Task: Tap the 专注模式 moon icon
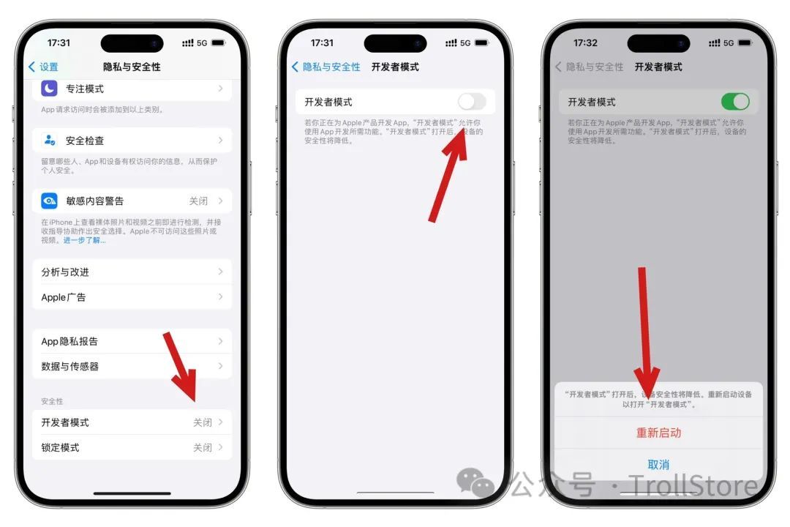49,89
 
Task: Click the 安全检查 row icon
49,140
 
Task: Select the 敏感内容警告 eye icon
49,201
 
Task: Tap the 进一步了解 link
84,240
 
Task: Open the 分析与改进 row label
65,272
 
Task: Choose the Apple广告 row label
64,297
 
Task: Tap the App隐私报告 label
69,342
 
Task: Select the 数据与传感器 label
69,367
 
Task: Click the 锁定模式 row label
60,447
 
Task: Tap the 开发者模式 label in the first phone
65,422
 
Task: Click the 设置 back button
43,67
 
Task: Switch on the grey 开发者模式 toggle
472,102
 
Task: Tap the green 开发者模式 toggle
735,102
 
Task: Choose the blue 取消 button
658,465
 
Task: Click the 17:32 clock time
585,43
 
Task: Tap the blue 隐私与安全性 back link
326,67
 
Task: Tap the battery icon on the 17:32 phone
744,43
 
